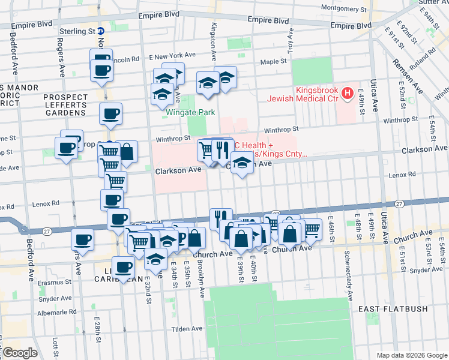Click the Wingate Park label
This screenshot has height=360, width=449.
point(191,112)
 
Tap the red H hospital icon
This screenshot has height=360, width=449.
point(347,94)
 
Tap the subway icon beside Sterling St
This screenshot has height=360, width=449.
point(101,31)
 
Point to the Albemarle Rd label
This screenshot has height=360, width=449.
point(55,313)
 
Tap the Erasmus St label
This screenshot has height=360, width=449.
point(55,282)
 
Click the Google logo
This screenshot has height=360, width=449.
point(19,352)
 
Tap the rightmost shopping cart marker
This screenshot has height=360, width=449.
point(311,229)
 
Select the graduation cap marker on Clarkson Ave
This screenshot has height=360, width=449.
point(241,163)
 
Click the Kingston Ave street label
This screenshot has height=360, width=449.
point(213,42)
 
